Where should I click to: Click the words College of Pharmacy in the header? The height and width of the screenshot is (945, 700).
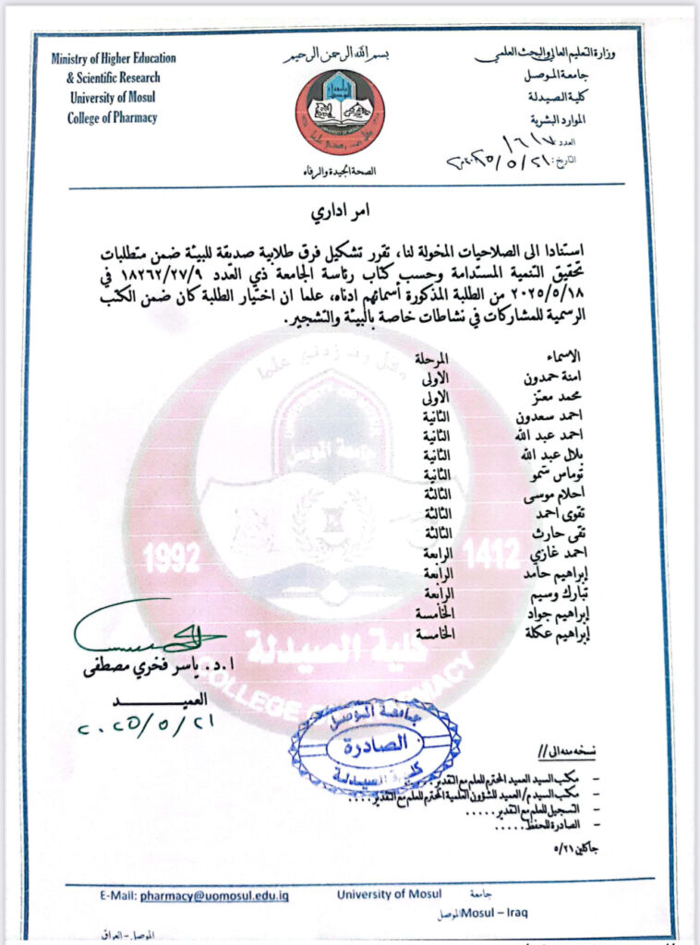(x=112, y=117)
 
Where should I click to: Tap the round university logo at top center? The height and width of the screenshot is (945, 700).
(x=339, y=112)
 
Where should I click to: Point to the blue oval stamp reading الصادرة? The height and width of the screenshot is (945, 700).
(x=373, y=747)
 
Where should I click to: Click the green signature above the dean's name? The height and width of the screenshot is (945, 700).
(x=148, y=636)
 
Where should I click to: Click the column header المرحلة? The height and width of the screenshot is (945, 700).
(x=432, y=357)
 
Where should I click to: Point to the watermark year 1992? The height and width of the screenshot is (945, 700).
(x=172, y=556)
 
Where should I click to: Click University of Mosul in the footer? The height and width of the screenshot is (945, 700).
(x=389, y=894)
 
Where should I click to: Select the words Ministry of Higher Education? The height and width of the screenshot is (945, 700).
(x=114, y=59)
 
